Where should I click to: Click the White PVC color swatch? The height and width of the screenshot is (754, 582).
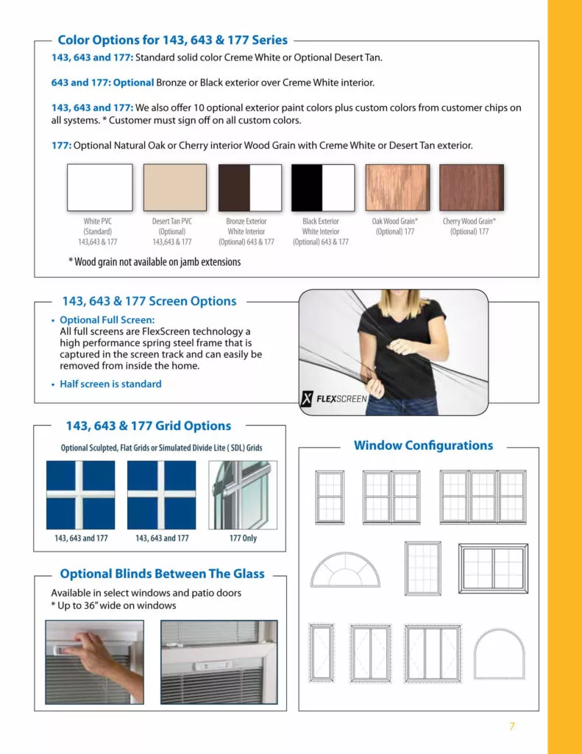[x=100, y=188]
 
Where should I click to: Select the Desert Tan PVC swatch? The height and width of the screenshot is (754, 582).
[x=175, y=188]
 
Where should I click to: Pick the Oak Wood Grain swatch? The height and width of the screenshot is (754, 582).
[x=397, y=187]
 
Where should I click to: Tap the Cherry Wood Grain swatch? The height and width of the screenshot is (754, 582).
[x=472, y=187]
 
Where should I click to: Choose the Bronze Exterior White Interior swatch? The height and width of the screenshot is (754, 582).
[x=250, y=188]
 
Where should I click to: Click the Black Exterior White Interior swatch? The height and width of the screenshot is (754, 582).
[x=323, y=188]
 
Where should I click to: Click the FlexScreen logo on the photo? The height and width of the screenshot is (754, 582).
[x=334, y=399]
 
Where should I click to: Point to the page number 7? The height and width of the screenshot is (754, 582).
[x=512, y=727]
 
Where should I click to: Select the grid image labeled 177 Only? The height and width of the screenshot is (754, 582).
[x=243, y=495]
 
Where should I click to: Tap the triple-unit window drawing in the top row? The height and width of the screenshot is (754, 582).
[x=483, y=496]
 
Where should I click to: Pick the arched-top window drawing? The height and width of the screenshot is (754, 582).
[x=499, y=653]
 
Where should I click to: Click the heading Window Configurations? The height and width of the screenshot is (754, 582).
[x=423, y=445]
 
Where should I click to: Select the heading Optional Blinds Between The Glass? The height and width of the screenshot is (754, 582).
[x=162, y=574]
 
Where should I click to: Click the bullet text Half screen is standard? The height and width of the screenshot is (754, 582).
[x=110, y=384]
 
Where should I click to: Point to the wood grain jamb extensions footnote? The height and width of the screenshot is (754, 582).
[x=155, y=261]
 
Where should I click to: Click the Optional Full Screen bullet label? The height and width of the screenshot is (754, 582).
[x=107, y=320]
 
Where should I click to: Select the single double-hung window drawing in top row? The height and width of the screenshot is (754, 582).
[x=330, y=496]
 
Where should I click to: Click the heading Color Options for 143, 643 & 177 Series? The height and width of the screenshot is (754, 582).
[x=173, y=40]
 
